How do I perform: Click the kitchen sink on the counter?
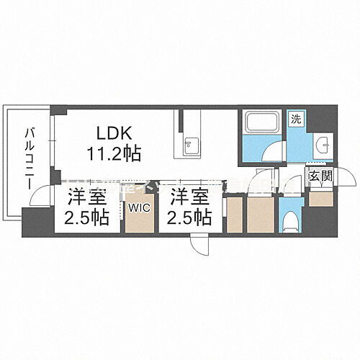tap(189, 144)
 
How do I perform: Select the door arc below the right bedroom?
tap(201, 243)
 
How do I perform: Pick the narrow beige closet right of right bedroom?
tap(233, 214)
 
